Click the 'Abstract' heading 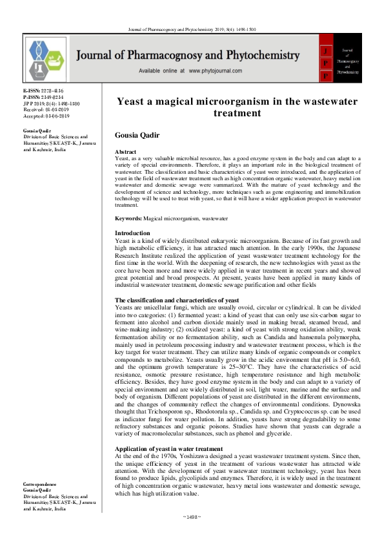click(126, 151)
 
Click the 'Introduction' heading click(132, 233)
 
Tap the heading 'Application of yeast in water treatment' click(168, 448)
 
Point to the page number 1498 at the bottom click(192, 535)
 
